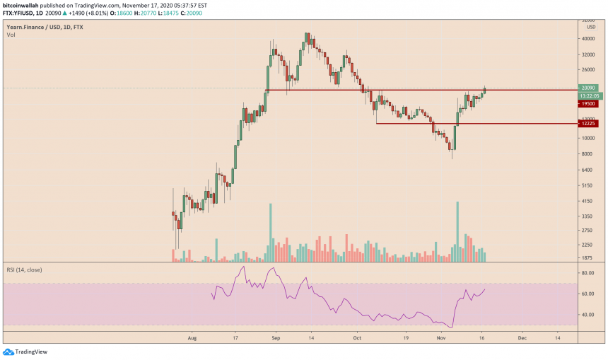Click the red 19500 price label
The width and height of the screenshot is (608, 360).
click(588, 103)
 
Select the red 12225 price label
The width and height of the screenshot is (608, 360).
click(588, 123)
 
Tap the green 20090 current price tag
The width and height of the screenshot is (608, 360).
click(588, 88)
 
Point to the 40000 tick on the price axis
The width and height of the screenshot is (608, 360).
click(587, 39)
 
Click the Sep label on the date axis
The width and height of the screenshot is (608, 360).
click(276, 339)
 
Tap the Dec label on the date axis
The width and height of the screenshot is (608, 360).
click(522, 339)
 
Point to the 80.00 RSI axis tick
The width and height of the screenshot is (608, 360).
click(587, 271)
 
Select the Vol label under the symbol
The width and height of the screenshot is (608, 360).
click(11, 34)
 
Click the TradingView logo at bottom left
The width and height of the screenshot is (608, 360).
click(28, 352)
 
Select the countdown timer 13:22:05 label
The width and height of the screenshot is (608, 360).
click(589, 95)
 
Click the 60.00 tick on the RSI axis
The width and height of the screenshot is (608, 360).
click(587, 293)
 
